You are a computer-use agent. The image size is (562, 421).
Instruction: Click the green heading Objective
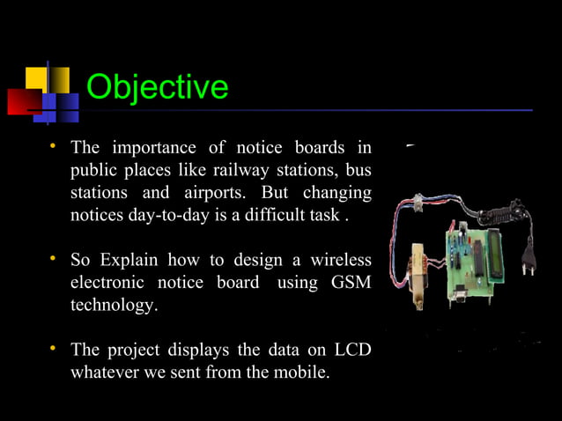pos(158,87)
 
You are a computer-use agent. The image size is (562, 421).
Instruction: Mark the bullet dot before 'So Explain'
pos(53,259)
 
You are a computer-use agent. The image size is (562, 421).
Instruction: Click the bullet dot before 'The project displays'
pos(53,349)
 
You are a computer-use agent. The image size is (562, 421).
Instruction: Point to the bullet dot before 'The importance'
pos(53,144)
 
